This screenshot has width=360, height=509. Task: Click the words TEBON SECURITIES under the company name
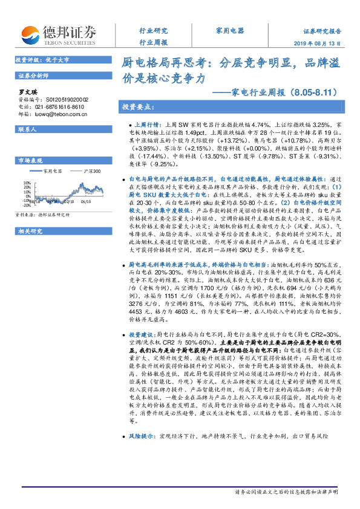click(x=68, y=44)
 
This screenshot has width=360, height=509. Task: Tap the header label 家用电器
click(x=229, y=30)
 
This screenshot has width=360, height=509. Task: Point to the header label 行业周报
click(x=153, y=43)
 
